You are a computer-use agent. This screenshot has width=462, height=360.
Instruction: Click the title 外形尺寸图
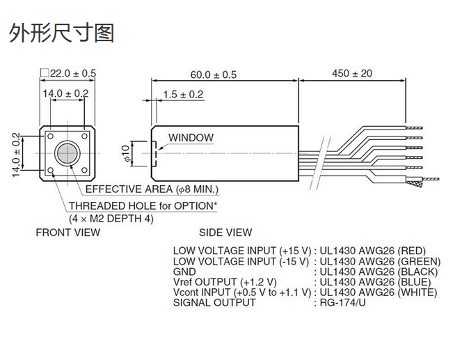tap(61, 33)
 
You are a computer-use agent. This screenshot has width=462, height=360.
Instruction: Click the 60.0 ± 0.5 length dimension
tap(213, 74)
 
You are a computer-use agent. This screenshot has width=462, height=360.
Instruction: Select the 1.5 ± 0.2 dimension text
tap(183, 94)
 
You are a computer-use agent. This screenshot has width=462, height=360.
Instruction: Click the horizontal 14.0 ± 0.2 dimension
tap(66, 93)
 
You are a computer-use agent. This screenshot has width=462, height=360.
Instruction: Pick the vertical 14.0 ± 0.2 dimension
tap(16, 155)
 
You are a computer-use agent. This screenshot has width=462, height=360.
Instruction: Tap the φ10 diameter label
tap(126, 154)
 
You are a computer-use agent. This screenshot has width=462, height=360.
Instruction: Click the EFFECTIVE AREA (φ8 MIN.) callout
tap(151, 189)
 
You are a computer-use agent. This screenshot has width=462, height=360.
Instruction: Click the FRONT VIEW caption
tap(67, 233)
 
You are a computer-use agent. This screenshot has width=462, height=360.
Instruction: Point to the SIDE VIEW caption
tap(225, 233)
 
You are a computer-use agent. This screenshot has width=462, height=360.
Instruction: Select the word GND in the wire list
tap(184, 272)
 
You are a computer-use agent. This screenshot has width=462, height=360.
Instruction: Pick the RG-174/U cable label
tap(342, 302)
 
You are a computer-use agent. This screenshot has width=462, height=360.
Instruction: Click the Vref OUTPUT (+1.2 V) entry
tap(224, 282)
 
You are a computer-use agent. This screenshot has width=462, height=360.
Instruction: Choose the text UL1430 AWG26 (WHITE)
tap(378, 292)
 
